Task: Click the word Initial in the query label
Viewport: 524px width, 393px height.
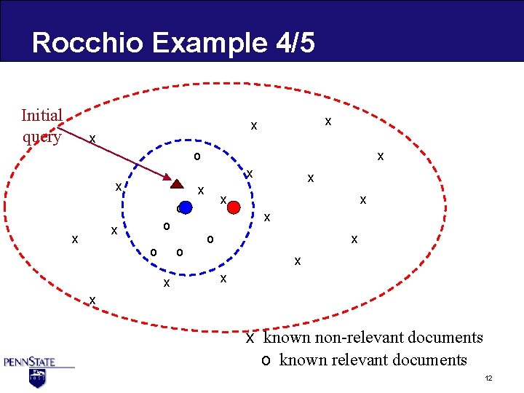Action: (41, 116)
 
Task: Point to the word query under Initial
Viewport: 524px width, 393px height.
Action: (41, 136)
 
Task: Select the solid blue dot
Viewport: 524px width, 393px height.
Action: (186, 207)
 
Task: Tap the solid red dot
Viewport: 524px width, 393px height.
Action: (234, 207)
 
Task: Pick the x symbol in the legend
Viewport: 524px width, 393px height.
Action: (250, 338)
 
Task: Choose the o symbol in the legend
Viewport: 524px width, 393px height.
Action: (266, 360)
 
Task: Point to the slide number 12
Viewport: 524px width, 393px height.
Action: (489, 379)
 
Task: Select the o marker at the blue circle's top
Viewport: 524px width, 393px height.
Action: (196, 156)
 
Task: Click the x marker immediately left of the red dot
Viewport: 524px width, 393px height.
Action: (224, 199)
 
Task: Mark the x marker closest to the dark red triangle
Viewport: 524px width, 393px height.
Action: (200, 191)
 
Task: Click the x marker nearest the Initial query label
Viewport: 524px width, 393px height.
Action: (92, 138)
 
